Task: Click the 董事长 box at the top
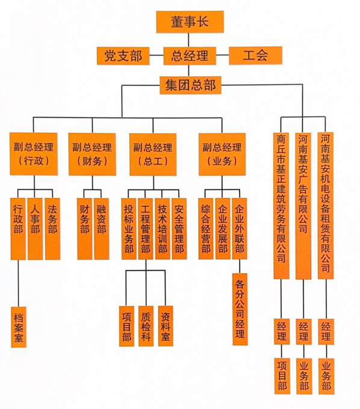tap(190, 22)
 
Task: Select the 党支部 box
tap(123, 56)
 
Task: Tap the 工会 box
tap(255, 55)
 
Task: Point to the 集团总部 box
tap(190, 85)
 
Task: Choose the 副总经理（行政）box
tap(34, 154)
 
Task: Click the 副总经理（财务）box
tap(92, 154)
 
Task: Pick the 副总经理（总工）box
tap(153, 154)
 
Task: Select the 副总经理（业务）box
tap(222, 154)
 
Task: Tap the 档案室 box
tap(19, 327)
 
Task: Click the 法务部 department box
tap(52, 229)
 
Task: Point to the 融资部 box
tap(101, 229)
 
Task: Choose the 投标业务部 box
tap(129, 229)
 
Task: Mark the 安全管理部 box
tap(179, 229)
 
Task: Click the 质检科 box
tap(146, 326)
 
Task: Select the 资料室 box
tap(166, 326)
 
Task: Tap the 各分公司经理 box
tap(240, 309)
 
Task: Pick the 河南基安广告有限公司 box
tap(303, 206)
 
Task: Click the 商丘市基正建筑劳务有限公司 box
tap(281, 206)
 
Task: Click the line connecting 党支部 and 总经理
tap(157, 55)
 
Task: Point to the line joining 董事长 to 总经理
tap(188, 40)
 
